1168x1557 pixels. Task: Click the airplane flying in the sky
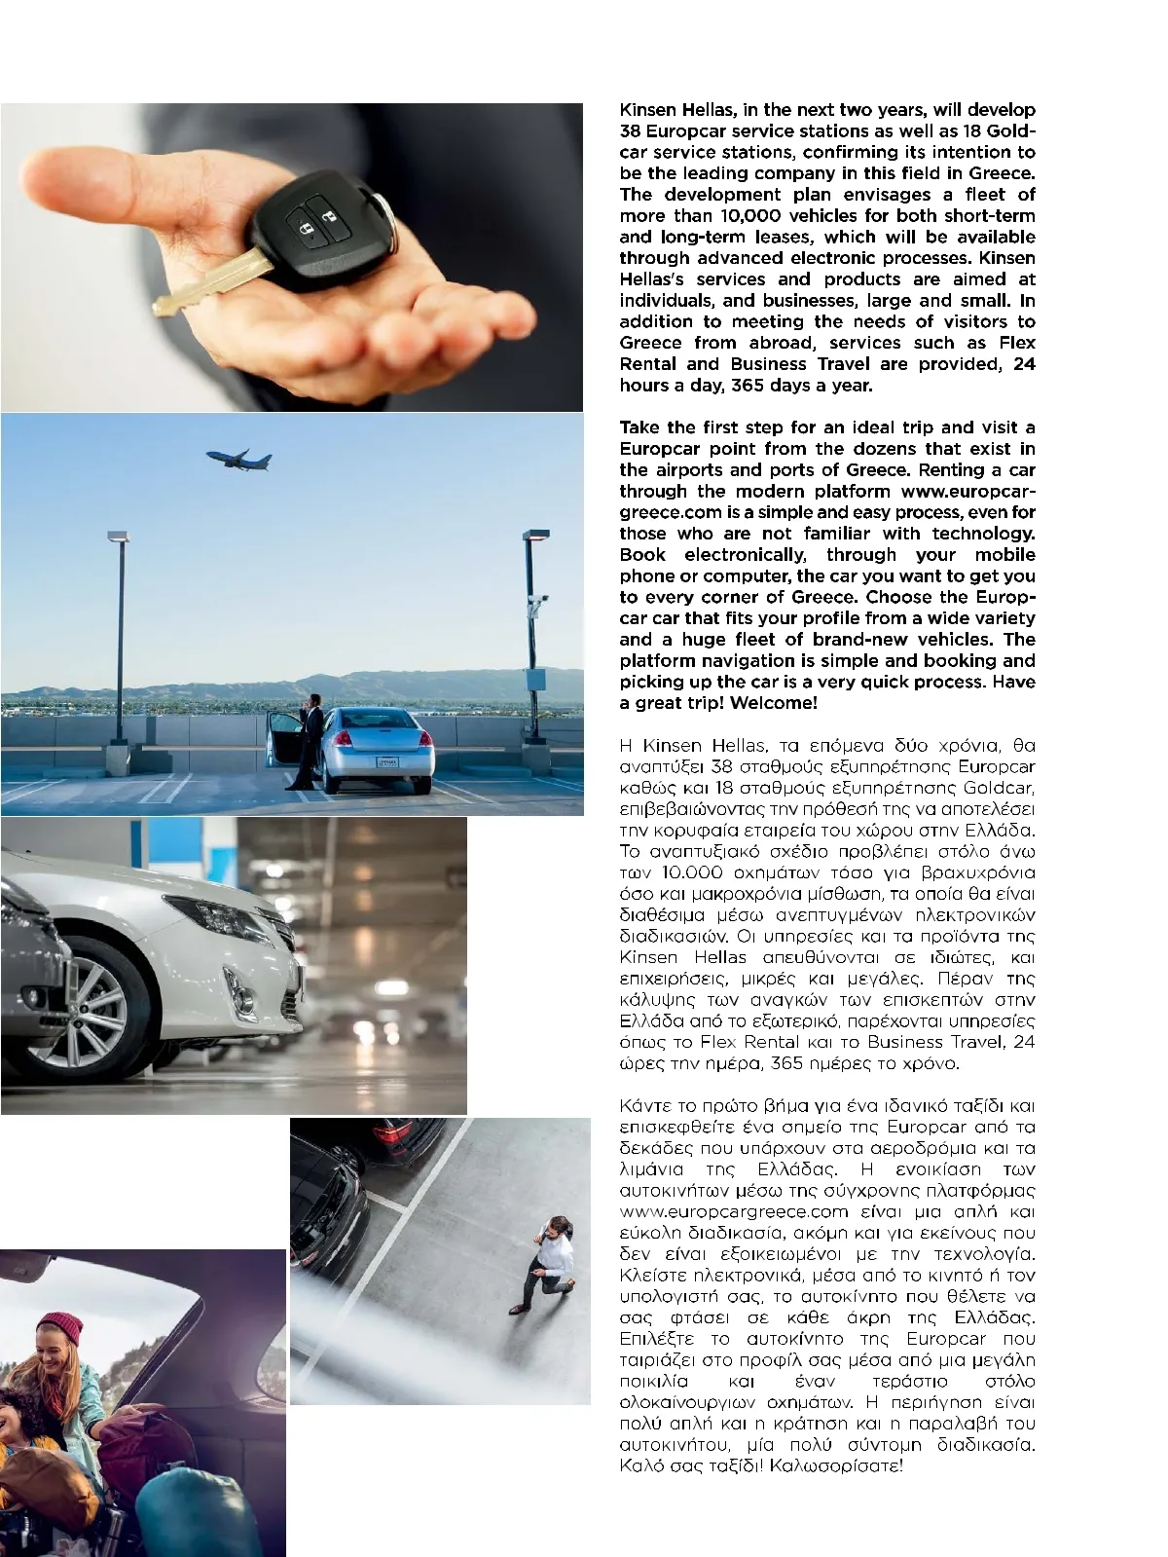[239, 460]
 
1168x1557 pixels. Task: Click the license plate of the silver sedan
[387, 762]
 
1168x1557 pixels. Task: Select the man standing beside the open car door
[310, 740]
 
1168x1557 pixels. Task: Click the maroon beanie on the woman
[60, 1327]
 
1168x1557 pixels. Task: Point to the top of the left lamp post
[118, 537]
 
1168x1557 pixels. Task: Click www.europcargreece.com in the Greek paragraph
[734, 1212]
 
